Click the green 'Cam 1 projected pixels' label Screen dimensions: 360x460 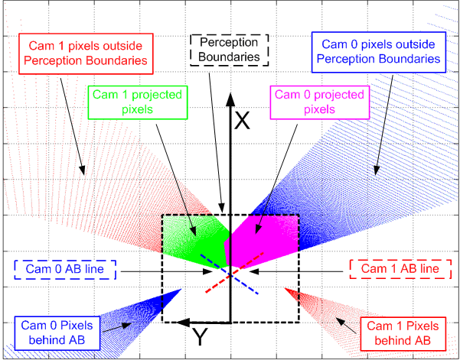point(137,103)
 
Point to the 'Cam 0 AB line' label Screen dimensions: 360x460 point(65,270)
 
